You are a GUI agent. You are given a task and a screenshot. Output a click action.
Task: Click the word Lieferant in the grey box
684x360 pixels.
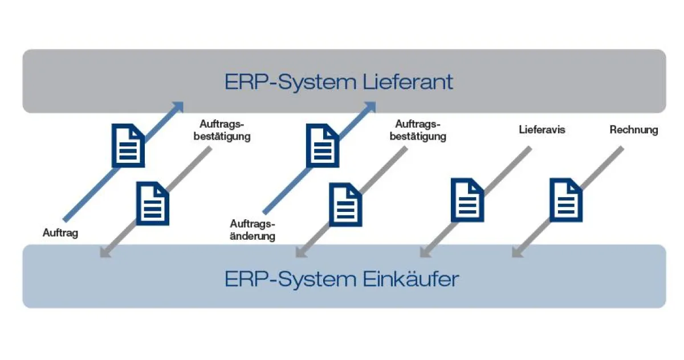tap(408, 82)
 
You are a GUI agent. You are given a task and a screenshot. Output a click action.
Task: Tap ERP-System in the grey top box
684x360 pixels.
tap(291, 82)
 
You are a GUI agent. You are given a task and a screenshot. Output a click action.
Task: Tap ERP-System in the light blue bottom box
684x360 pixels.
tap(291, 280)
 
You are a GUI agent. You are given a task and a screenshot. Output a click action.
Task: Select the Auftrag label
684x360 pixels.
tap(60, 232)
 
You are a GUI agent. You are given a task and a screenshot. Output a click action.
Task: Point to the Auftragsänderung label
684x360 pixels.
tap(253, 230)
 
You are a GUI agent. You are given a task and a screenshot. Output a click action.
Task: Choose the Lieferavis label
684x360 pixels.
tap(542, 130)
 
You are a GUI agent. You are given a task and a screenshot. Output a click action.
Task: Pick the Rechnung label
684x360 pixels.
tap(633, 130)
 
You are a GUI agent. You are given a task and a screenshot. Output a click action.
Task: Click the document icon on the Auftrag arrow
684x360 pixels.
tap(128, 146)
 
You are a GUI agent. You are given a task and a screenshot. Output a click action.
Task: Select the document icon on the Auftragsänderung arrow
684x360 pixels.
tap(323, 146)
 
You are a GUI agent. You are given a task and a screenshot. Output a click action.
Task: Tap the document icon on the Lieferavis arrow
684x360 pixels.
tap(467, 199)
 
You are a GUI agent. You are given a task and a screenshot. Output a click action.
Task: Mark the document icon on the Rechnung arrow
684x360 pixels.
tap(566, 199)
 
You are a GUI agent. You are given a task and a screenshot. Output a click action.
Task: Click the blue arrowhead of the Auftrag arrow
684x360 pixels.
tap(178, 107)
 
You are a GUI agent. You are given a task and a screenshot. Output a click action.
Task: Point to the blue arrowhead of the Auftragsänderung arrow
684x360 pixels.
tap(370, 107)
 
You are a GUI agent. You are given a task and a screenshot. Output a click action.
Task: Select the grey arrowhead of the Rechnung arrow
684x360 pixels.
tap(517, 252)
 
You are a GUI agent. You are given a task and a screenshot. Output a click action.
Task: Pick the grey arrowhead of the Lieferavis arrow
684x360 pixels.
tap(425, 252)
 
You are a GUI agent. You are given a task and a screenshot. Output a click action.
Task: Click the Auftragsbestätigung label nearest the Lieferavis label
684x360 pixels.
tap(421, 130)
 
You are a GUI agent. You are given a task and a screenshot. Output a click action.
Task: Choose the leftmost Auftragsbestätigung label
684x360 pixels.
tap(225, 130)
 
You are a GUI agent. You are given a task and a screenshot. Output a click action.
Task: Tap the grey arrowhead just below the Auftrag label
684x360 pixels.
tap(104, 252)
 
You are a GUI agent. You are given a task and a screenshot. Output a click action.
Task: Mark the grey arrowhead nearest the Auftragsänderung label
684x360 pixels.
tap(301, 252)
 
